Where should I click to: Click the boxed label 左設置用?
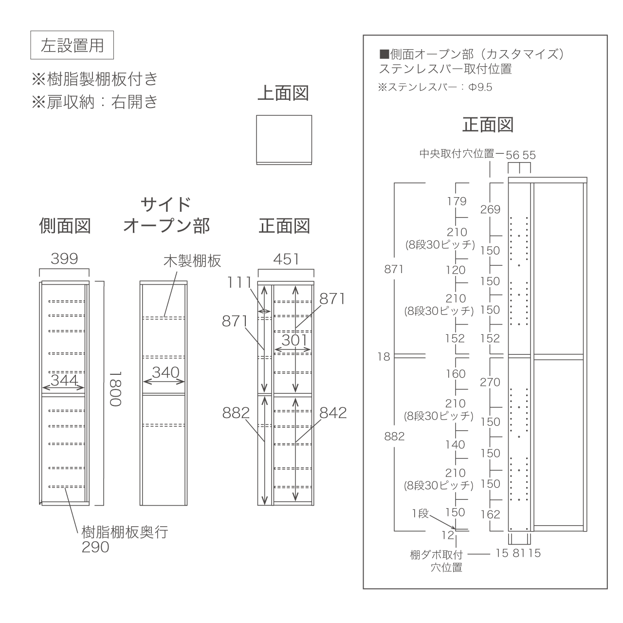tap(72, 45)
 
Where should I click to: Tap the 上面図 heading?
tap(283, 93)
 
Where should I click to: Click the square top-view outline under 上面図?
tap(284, 140)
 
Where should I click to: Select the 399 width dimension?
tap(64, 258)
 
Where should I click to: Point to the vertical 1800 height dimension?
tap(115, 388)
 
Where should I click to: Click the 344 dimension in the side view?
tap(64, 380)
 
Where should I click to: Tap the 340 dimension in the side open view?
tap(165, 372)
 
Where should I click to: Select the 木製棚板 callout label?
tap(192, 261)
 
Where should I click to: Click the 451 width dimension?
tap(286, 259)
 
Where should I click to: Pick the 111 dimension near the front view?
tap(239, 283)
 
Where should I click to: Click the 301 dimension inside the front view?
tap(294, 340)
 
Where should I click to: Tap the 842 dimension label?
tap(333, 413)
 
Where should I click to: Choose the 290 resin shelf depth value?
tap(95, 547)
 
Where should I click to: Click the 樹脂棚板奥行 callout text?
tap(125, 532)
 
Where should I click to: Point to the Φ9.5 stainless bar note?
tap(480, 87)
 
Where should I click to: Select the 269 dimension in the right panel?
tap(490, 209)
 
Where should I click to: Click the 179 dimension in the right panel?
tap(457, 202)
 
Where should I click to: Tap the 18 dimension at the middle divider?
tap(384, 357)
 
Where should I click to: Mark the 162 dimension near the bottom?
tap(490, 514)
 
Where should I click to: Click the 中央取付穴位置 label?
tap(457, 154)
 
